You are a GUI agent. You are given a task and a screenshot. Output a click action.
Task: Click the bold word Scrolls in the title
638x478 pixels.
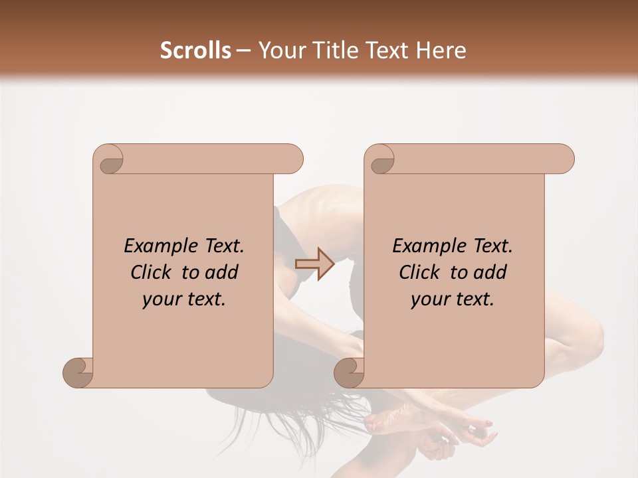195,50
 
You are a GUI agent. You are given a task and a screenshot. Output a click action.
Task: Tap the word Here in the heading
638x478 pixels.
439,50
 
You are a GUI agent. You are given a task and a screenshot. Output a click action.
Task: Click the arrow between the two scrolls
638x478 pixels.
314,264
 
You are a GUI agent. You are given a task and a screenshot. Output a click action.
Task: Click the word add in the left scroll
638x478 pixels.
221,273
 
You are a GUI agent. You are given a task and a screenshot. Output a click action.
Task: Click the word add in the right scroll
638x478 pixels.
489,273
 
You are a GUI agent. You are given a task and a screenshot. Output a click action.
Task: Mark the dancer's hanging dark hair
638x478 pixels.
266,412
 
